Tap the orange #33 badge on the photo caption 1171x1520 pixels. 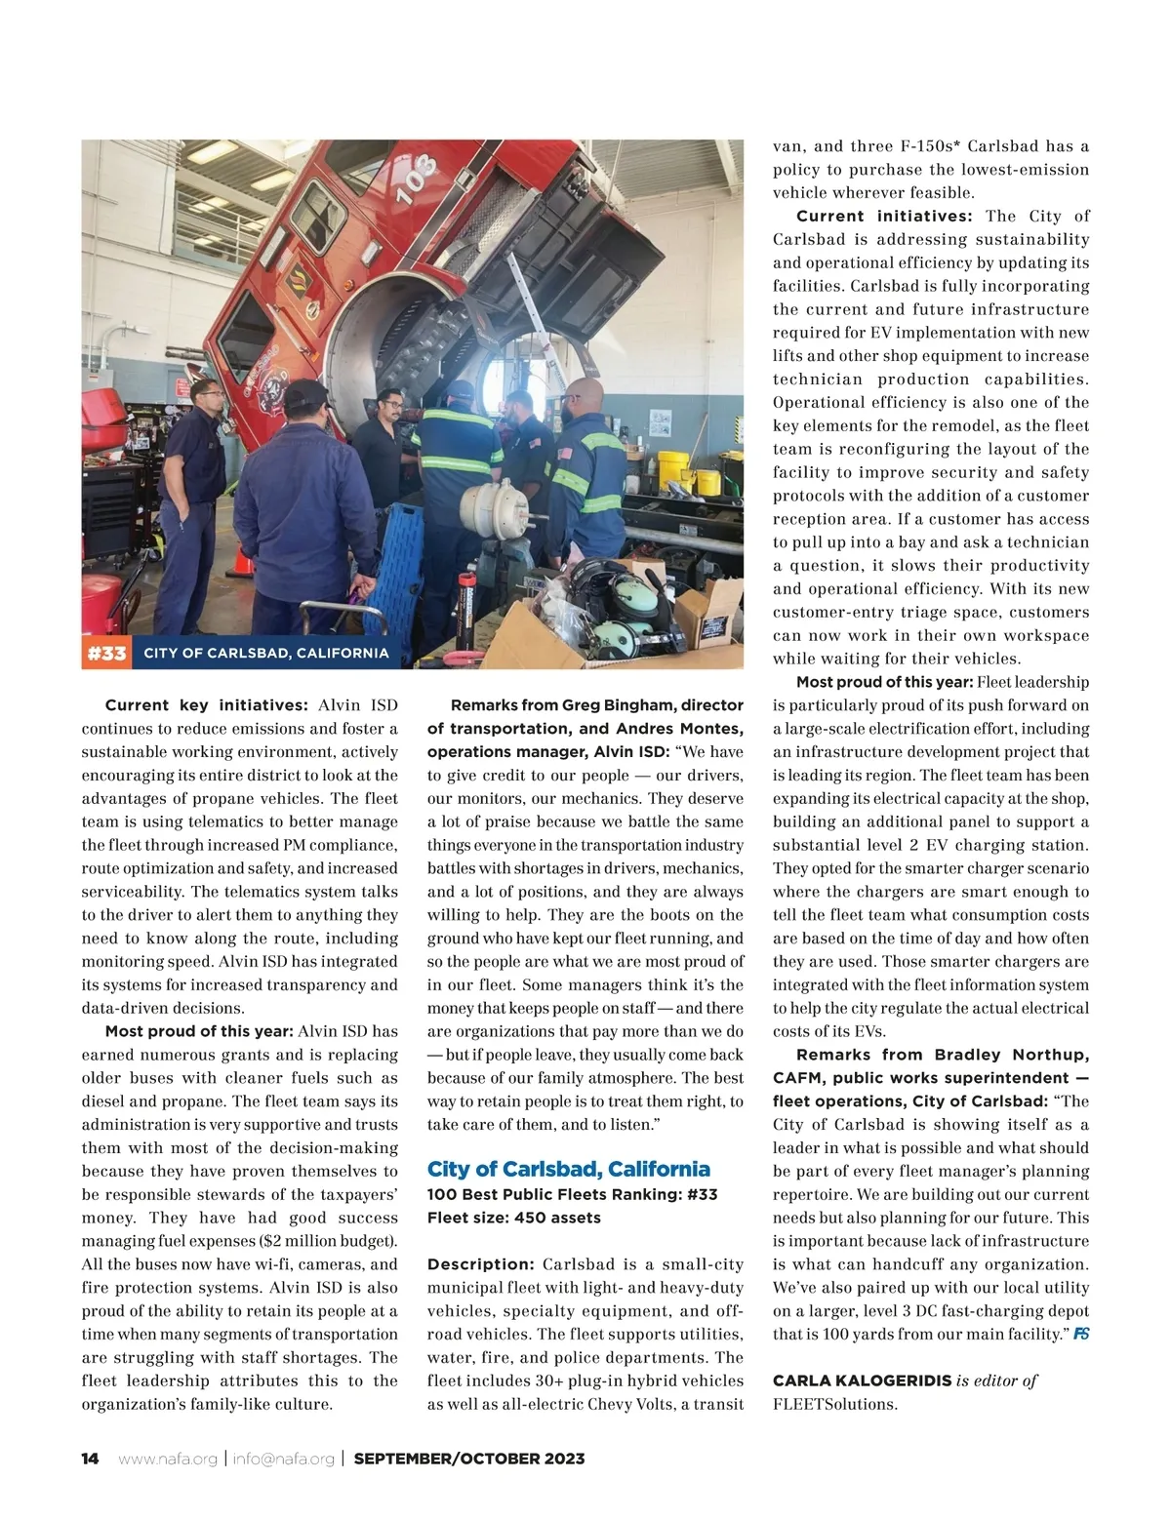pos(105,653)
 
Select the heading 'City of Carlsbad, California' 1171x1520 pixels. pos(569,1169)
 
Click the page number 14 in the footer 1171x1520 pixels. pos(90,1459)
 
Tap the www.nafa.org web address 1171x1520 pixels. pos(168,1459)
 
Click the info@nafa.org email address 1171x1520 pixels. pos(284,1459)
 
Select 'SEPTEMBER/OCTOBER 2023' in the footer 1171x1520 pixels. pos(469,1459)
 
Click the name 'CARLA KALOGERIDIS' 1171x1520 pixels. pos(861,1380)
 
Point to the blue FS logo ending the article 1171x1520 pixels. pos(1081,1334)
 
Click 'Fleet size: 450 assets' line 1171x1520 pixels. pos(514,1218)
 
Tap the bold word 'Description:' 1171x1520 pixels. pos(481,1264)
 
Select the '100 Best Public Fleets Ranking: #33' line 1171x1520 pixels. pos(573,1194)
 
